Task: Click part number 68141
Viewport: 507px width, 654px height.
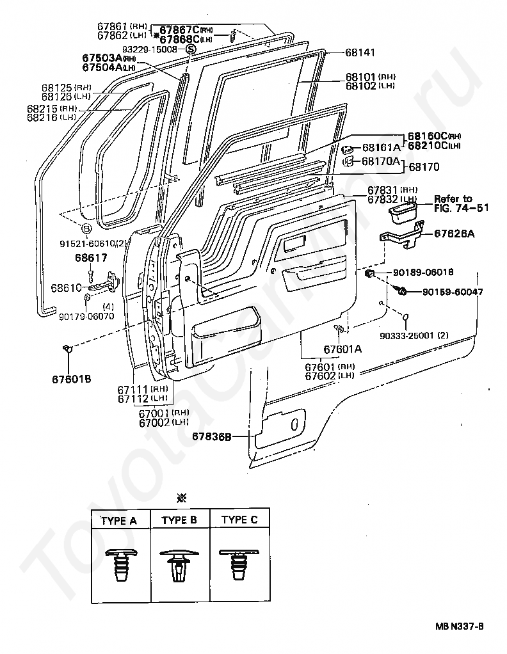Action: pos(360,52)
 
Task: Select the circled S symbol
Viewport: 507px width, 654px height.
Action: pos(190,49)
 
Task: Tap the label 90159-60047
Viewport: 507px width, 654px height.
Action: pos(453,292)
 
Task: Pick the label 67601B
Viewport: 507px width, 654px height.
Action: pos(72,378)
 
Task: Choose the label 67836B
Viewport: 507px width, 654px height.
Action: pos(212,437)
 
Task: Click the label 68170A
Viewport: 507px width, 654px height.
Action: pos(381,161)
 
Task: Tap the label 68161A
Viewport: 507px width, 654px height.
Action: pos(381,147)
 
